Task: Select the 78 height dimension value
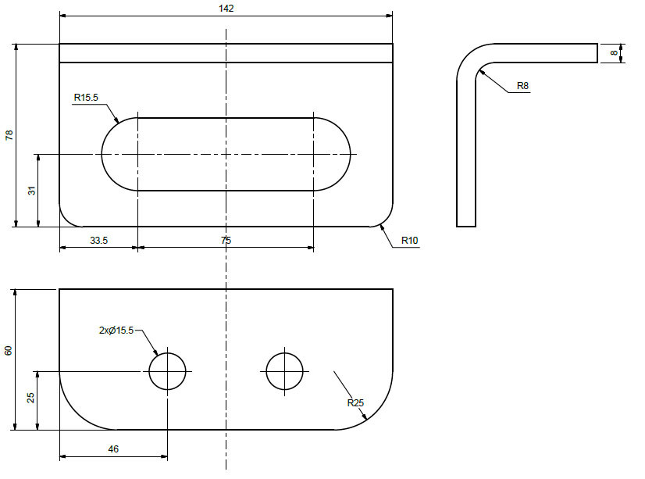9,135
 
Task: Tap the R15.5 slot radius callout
86,98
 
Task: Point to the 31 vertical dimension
32,191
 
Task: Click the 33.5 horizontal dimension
98,241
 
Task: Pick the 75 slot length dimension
226,241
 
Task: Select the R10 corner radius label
410,241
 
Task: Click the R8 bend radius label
522,85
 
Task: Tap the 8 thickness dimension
615,52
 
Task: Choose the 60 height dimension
9,350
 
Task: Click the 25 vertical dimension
31,399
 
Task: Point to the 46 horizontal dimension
113,451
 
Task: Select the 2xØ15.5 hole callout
116,331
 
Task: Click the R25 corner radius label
356,403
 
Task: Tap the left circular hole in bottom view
167,371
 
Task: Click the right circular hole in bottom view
284,371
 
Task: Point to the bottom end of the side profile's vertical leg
465,225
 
